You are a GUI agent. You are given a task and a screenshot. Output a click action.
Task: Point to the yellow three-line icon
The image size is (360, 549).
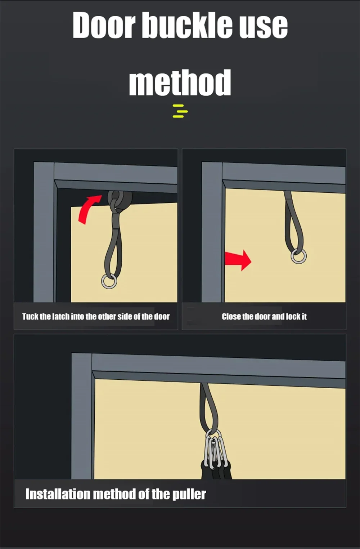[180, 111]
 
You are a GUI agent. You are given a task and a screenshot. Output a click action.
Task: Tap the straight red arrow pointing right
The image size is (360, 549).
[238, 260]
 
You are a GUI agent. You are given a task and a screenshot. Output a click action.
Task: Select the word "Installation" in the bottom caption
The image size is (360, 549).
[58, 494]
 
